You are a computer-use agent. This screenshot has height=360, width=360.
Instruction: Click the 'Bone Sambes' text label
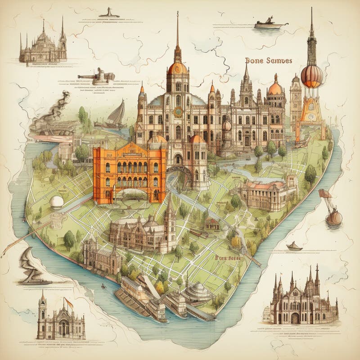pos(269,60)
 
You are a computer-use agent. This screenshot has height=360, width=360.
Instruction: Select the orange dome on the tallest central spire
pos(177,68)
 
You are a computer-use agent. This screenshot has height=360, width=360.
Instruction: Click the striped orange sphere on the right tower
pos(312,76)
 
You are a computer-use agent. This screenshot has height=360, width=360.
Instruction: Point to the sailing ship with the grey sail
pos(117,114)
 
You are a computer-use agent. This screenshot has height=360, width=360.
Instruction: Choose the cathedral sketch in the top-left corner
pos(43,45)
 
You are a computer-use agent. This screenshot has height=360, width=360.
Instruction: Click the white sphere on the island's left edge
pos(57,202)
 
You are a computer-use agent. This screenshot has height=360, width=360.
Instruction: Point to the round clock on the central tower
pos(178,112)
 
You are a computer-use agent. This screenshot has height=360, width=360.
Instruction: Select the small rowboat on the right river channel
pos(294,246)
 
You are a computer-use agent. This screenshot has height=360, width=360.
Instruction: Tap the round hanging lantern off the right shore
pos(333,217)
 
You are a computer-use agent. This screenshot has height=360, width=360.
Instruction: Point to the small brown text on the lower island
pos(228,258)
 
